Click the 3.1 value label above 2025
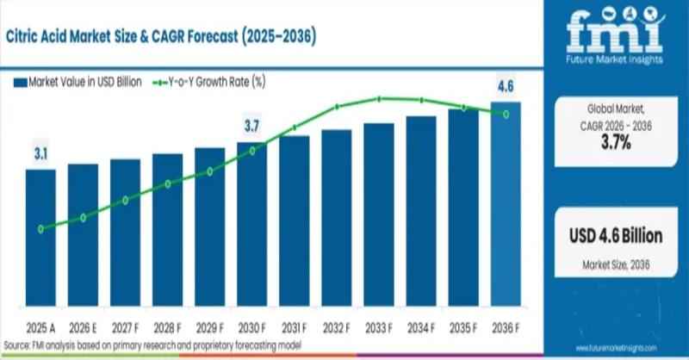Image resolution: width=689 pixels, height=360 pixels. (x=40, y=155)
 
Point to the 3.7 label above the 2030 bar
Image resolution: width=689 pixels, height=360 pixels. (x=251, y=127)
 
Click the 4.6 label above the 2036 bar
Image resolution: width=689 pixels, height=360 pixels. (x=506, y=86)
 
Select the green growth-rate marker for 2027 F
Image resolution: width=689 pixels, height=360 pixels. (x=125, y=200)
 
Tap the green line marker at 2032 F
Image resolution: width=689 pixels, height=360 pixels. (x=337, y=107)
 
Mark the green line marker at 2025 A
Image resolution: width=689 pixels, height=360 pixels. (x=40, y=229)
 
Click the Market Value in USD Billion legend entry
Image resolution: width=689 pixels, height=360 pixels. (x=78, y=82)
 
